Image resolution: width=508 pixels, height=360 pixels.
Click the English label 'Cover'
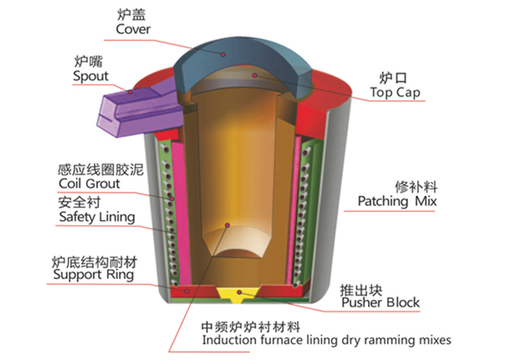pos(133,30)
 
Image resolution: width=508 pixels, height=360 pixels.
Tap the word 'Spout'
pos(90,77)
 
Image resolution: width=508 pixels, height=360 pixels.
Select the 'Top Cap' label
pos(395,92)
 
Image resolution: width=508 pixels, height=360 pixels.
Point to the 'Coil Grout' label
pos(90,183)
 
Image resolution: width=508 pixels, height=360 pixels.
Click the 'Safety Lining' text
pos(97,217)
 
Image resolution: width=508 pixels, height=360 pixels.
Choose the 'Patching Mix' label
pos(398,201)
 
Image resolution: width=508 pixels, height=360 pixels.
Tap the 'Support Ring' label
pos(94,275)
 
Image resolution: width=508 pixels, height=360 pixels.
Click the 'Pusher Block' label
pos(381,303)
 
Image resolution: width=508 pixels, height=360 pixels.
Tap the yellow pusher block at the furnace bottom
pos(238,294)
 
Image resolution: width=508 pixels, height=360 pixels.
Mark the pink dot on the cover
pos(224,55)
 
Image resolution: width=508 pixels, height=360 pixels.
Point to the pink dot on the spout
pos(130,92)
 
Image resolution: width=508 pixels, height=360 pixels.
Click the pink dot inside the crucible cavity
pos(227,225)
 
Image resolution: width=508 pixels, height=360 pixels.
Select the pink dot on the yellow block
pos(239,292)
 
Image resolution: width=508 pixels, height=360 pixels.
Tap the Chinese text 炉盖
pos(131,15)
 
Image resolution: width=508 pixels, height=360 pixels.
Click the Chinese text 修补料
pos(416,187)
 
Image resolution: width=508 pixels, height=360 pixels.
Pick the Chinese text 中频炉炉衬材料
pos(251,327)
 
